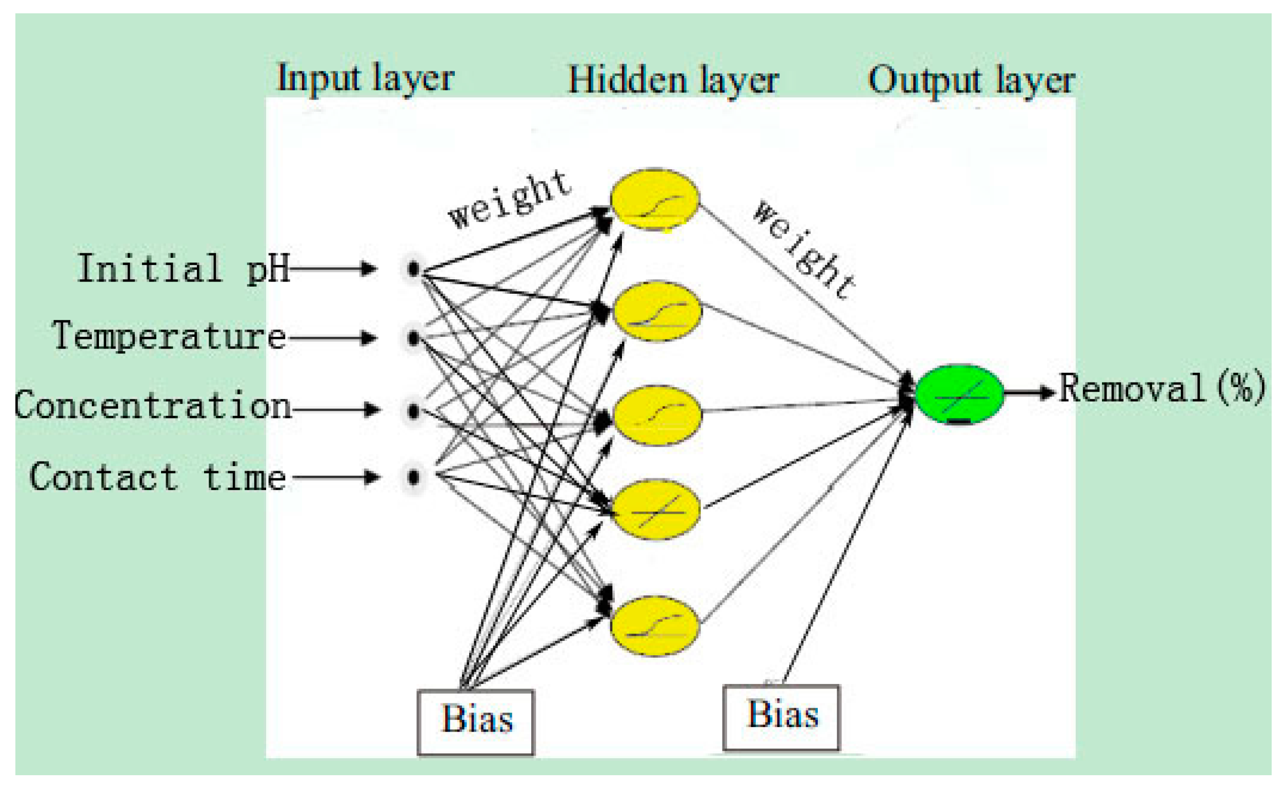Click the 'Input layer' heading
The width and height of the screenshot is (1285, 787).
[x=366, y=79]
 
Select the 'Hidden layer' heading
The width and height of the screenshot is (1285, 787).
[x=673, y=80]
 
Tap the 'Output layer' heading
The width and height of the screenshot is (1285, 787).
[x=971, y=80]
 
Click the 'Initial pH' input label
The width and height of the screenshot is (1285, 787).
[x=183, y=269]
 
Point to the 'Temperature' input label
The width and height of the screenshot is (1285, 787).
[x=169, y=336]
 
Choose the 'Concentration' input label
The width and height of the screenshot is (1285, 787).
[x=152, y=405]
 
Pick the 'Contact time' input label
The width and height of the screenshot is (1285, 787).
[x=157, y=477]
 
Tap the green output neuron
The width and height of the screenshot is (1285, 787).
[x=959, y=394]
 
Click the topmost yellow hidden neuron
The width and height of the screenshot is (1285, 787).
[x=654, y=199]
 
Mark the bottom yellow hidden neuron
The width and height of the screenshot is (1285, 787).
[x=654, y=626]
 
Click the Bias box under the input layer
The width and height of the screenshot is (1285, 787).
[x=476, y=722]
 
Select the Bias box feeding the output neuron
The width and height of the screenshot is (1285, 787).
[x=781, y=718]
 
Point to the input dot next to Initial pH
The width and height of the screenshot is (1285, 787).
[x=414, y=269]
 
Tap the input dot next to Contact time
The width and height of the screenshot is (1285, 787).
[x=414, y=477]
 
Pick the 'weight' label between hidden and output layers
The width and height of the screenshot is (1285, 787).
[x=804, y=250]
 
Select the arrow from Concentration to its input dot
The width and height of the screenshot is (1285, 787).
[x=336, y=409]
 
